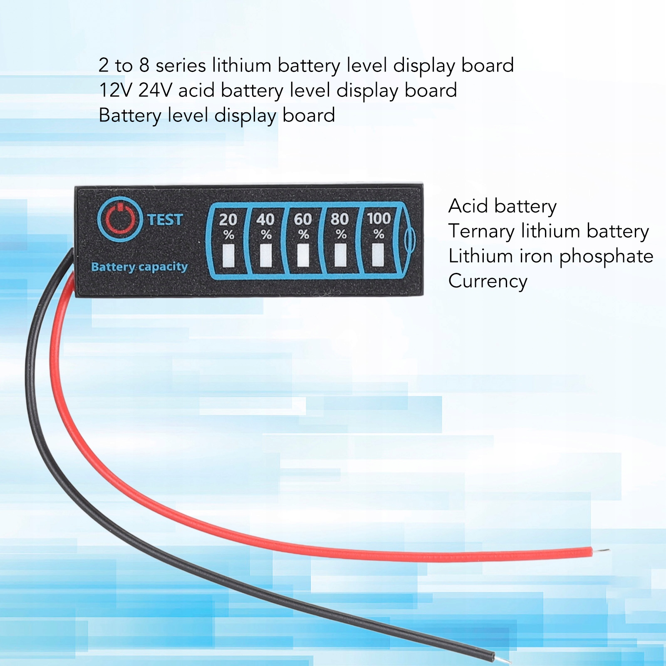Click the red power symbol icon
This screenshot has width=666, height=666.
click(x=120, y=219)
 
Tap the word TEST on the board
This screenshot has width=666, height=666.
click(x=165, y=220)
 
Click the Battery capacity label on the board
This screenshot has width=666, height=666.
click(x=139, y=267)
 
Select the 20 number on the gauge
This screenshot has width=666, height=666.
click(x=228, y=219)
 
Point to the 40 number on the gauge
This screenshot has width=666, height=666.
click(x=265, y=219)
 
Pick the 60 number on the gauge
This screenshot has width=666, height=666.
click(x=302, y=219)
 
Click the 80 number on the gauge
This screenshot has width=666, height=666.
click(x=339, y=219)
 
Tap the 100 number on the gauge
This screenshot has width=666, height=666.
click(x=379, y=218)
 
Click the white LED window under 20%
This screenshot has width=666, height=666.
click(x=229, y=255)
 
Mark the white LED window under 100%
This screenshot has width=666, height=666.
click(x=378, y=254)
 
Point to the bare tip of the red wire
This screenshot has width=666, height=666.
click(x=602, y=551)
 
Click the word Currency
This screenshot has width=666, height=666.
click(x=488, y=281)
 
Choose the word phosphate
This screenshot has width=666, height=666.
click(x=606, y=257)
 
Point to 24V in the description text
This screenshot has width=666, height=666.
click(x=155, y=90)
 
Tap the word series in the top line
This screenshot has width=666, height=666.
click(x=181, y=65)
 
